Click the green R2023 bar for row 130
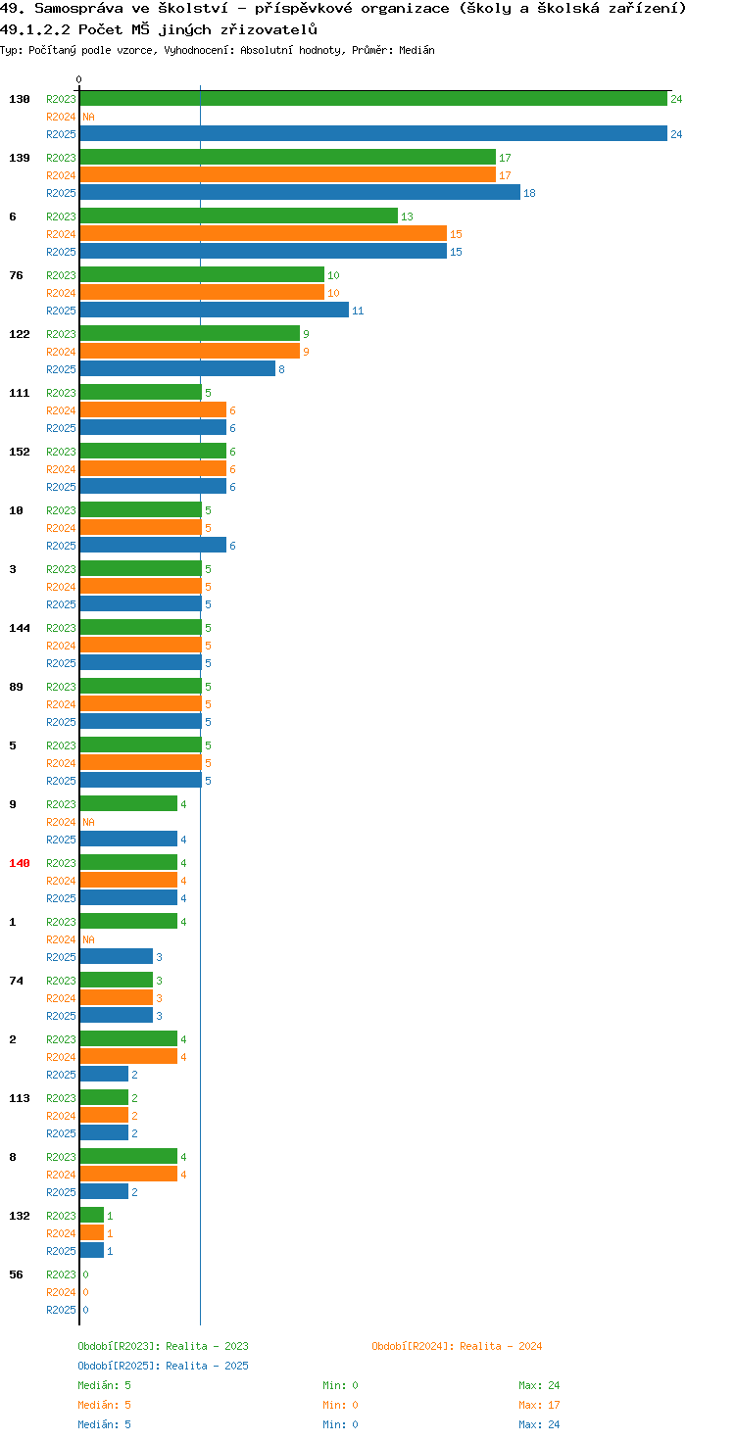click(373, 99)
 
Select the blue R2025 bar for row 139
click(300, 192)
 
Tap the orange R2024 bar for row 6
click(263, 234)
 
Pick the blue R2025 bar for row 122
click(177, 369)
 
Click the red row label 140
click(20, 863)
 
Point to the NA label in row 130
click(88, 118)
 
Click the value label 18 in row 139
click(529, 193)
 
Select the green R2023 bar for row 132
click(91, 1216)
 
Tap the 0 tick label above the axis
click(78, 79)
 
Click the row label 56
click(16, 1274)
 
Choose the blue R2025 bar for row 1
click(116, 957)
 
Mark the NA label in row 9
click(88, 822)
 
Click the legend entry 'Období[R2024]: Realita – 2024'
click(457, 1346)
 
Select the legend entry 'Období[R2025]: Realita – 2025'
click(163, 1366)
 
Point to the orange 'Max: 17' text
click(539, 1405)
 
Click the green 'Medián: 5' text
click(104, 1385)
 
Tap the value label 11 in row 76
click(358, 311)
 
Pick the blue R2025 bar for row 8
click(104, 1191)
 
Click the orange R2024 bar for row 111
click(153, 410)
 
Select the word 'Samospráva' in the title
click(78, 9)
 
